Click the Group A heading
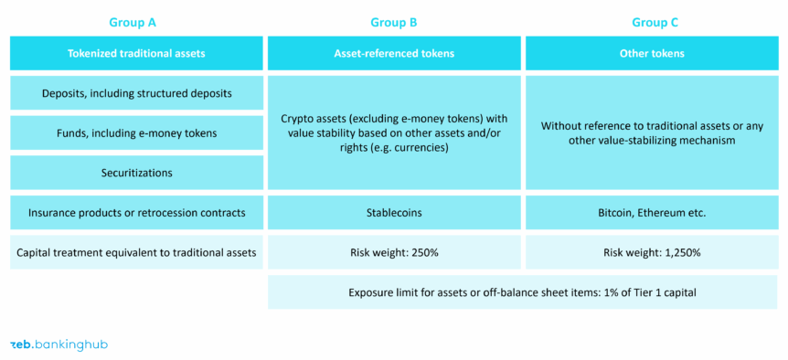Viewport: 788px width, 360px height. pos(136,23)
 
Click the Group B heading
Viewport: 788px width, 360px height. pos(394,23)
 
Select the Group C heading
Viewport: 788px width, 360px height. pos(651,23)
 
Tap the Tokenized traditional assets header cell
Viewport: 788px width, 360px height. pos(136,53)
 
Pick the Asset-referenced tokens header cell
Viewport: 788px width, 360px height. pos(394,53)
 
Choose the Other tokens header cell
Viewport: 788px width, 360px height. pos(651,53)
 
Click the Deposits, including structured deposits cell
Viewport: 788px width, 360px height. pos(136,93)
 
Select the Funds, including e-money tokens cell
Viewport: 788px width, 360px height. pos(136,132)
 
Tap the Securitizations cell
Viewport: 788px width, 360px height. pos(136,172)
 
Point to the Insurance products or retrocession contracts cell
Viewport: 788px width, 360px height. pos(136,212)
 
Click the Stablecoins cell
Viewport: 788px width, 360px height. pos(394,212)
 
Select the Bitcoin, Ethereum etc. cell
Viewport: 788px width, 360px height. pos(651,212)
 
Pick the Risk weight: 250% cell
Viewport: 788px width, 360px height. pos(394,252)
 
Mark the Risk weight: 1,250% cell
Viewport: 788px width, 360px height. pos(651,252)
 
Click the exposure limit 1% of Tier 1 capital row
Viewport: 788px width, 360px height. pos(522,292)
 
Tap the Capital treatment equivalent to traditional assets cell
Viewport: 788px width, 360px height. pos(136,252)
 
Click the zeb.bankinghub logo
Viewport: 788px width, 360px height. pos(59,344)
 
